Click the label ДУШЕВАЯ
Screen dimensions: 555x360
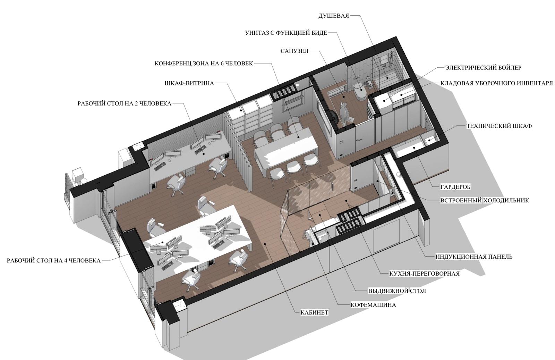pyautogui.click(x=333, y=16)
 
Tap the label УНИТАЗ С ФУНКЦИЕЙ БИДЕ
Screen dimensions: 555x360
pyautogui.click(x=286, y=33)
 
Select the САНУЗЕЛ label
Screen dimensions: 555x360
pyautogui.click(x=294, y=51)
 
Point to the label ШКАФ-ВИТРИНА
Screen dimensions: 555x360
pyautogui.click(x=189, y=83)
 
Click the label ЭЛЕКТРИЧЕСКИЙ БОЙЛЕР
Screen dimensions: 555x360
pyautogui.click(x=483, y=68)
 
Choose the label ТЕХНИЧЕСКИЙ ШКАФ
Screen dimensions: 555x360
pyautogui.click(x=499, y=126)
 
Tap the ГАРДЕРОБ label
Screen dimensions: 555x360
pyautogui.click(x=455, y=187)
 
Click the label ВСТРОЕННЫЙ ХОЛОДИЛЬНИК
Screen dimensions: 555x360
pyautogui.click(x=484, y=200)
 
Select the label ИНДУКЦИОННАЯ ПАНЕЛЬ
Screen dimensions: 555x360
pyautogui.click(x=474, y=257)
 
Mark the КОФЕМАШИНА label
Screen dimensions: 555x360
pyautogui.click(x=373, y=305)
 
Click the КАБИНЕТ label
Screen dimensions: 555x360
pyautogui.click(x=314, y=313)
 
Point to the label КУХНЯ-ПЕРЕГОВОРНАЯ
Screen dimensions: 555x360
pyautogui.click(x=425, y=274)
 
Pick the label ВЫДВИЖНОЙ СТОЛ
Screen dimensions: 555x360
pyautogui.click(x=397, y=291)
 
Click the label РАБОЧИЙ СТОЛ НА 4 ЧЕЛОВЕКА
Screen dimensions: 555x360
pyautogui.click(x=54, y=261)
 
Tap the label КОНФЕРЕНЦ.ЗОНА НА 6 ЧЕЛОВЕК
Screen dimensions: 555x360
pyautogui.click(x=204, y=64)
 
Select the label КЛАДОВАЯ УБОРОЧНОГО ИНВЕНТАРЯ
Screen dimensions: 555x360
pyautogui.click(x=496, y=83)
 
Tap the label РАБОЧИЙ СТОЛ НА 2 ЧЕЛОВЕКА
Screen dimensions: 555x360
pyautogui.click(x=125, y=103)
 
